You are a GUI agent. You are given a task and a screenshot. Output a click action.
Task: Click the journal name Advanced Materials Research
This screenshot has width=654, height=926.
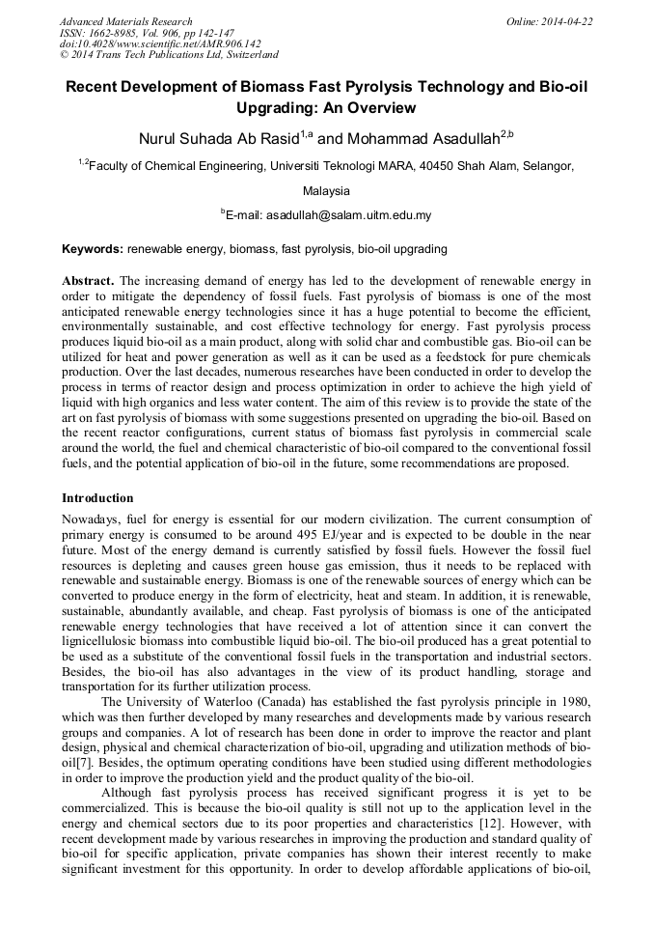125,21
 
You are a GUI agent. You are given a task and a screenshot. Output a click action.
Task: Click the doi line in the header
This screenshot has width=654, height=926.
160,43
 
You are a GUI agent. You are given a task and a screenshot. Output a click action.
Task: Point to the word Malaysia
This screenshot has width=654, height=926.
326,191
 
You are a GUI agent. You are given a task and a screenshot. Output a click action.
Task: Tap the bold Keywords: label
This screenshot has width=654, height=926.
93,249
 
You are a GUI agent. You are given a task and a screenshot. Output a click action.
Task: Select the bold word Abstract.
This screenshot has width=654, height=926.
89,282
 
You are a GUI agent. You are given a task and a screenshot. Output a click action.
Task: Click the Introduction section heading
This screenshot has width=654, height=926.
97,498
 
